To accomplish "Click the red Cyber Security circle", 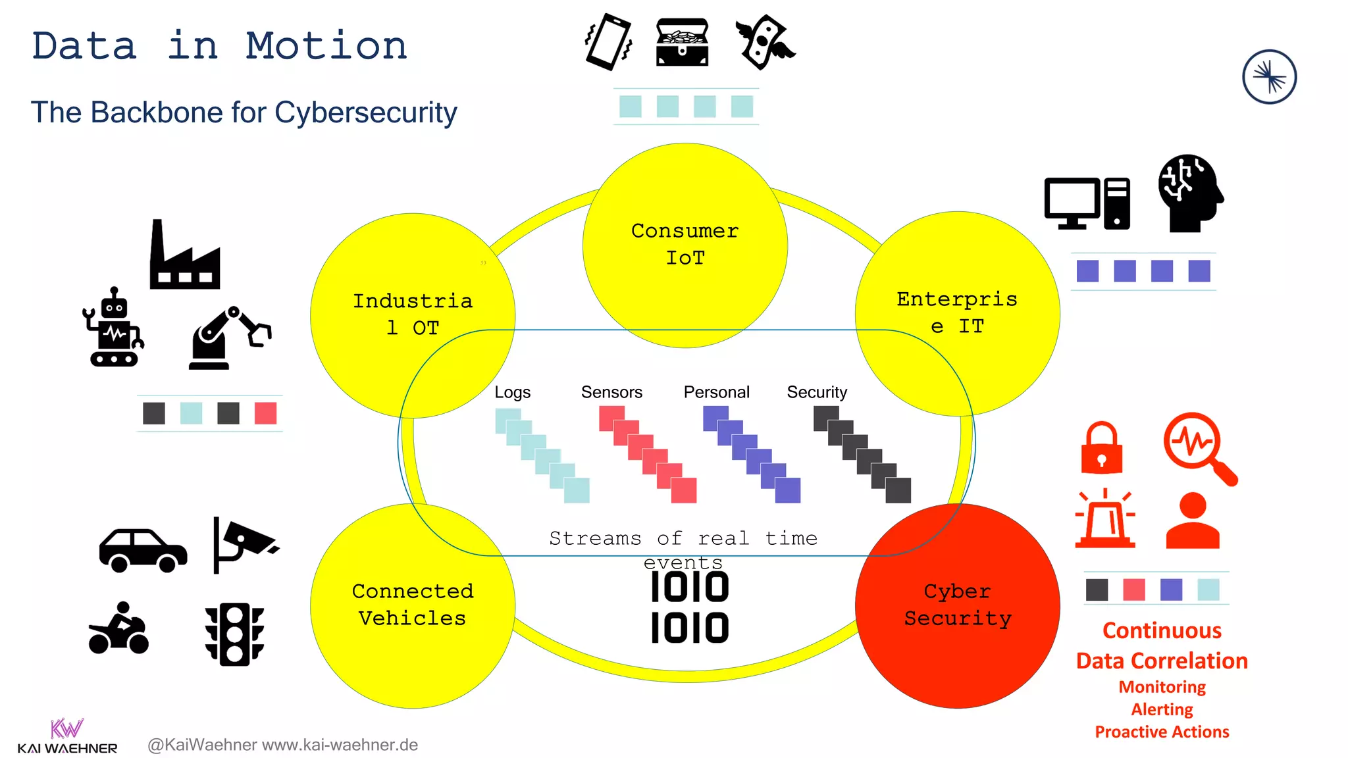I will (957, 605).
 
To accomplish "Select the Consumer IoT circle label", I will (685, 244).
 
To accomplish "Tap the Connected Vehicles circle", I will (413, 605).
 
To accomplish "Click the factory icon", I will (184, 257).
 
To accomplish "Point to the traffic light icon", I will (234, 634).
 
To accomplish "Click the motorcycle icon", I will (119, 629).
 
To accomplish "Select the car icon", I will (143, 550).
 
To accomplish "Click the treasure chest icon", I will (683, 42).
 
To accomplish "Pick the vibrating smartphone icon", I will (608, 42).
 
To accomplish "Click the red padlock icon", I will (1101, 448).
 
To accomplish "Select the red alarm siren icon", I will (1105, 519).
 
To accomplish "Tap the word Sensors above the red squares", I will (611, 392).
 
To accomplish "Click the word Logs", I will (512, 392).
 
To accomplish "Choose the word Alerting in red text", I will (1162, 709).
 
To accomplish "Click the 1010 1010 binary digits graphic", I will (689, 607).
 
